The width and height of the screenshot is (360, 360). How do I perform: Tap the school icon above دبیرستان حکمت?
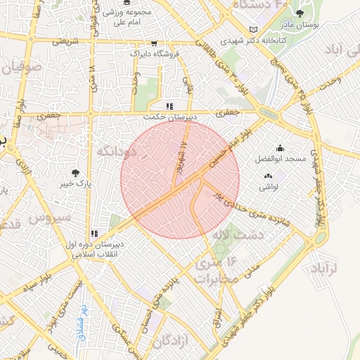coord(168,106)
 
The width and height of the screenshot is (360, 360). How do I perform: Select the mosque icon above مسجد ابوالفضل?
coord(281,148)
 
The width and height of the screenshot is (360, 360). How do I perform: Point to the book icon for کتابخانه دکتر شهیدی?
coord(254,30)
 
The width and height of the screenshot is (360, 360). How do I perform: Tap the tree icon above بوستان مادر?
coord(300,13)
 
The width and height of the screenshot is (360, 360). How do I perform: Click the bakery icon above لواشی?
coord(267,175)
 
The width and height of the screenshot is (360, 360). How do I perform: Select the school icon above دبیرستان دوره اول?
coord(94,233)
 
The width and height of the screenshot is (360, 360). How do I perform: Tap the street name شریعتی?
coord(60,41)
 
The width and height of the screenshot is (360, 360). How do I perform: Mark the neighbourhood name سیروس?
coord(50,217)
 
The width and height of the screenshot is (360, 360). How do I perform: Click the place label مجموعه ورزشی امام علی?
coord(126,18)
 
